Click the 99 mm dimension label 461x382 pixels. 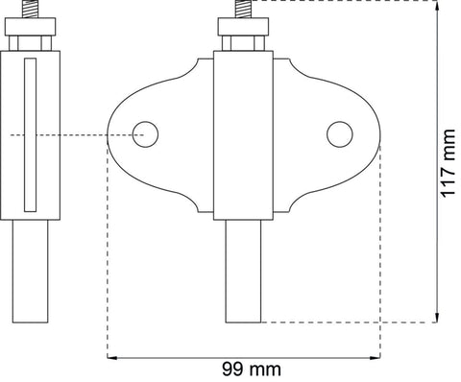(252, 370)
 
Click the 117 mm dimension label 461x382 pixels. (448, 163)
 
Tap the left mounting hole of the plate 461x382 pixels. (145, 134)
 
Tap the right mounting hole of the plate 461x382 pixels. (340, 134)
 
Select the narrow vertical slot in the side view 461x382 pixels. (30, 134)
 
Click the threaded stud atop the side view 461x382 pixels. (30, 9)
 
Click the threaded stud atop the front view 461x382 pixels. (243, 9)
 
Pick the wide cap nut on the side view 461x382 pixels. (31, 27)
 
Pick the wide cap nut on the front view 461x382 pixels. (243, 27)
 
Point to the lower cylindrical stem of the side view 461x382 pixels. (31, 272)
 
